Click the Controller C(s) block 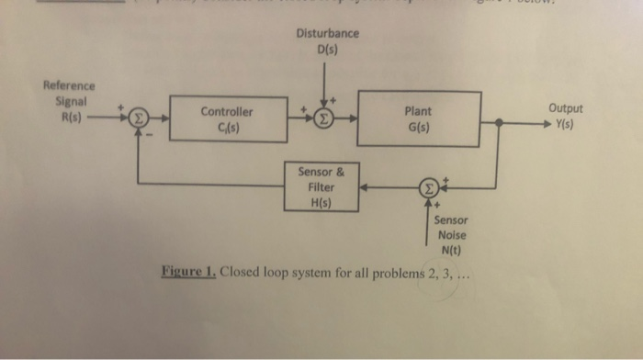[226, 119]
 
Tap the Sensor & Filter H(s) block [320, 186]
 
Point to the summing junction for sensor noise [428, 187]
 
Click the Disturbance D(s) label [327, 41]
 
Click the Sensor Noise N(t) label [451, 234]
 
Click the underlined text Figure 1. [187, 273]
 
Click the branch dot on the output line [499, 122]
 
